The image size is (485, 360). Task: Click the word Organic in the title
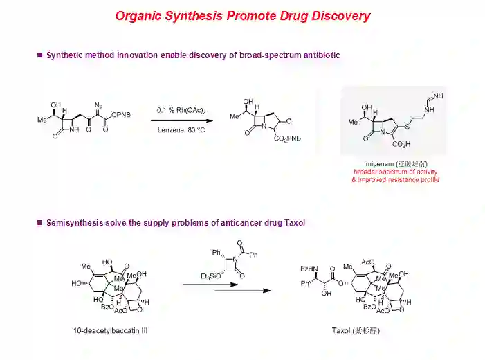coord(138,16)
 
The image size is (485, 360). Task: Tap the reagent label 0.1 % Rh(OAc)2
coord(181,111)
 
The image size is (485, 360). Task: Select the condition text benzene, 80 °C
coord(181,129)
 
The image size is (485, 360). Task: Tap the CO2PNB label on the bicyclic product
coord(287,139)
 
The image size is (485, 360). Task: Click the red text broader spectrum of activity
coord(395,172)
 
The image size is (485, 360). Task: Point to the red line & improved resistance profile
coord(395,180)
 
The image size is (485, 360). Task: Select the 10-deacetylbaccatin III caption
coord(111,330)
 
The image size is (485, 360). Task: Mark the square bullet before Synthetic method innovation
coord(39,55)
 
